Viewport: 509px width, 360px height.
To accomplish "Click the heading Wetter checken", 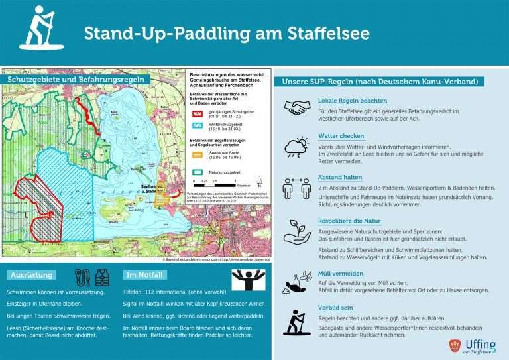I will click(341, 136).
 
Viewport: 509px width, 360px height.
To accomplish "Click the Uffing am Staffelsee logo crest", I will click(454, 345).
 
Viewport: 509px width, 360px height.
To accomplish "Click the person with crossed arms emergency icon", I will click(248, 278).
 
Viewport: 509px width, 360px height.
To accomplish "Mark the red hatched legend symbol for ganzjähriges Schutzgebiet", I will click(198, 113).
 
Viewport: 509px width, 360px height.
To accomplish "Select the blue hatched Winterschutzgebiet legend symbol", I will click(198, 125).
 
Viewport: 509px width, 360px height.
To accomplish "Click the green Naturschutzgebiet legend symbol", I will click(198, 172).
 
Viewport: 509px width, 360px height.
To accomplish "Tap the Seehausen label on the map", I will click(148, 186).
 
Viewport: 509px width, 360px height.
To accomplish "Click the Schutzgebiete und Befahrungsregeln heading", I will click(77, 80).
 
